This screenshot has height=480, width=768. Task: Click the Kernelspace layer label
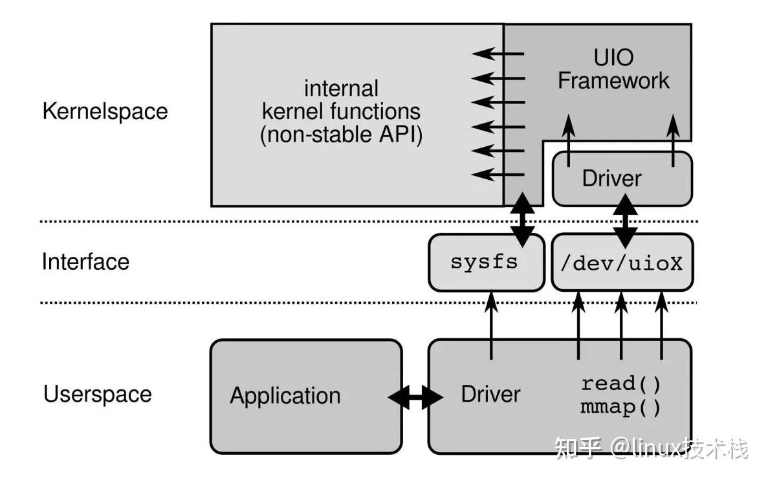coord(105,111)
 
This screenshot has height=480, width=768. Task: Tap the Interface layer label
coord(85,261)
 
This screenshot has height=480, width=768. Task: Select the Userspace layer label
coord(97,394)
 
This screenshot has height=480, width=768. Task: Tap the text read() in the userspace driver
coord(620,384)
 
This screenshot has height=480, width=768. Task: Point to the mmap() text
coord(620,408)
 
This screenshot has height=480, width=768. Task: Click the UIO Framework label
coord(613,69)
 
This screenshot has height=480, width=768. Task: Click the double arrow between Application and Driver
coord(415,395)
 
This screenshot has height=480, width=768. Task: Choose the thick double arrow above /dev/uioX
coord(625,220)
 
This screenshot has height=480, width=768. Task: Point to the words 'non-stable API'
coord(341,136)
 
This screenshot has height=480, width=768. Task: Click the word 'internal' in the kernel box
coord(341,88)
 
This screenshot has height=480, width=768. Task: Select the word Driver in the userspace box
coord(490,394)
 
